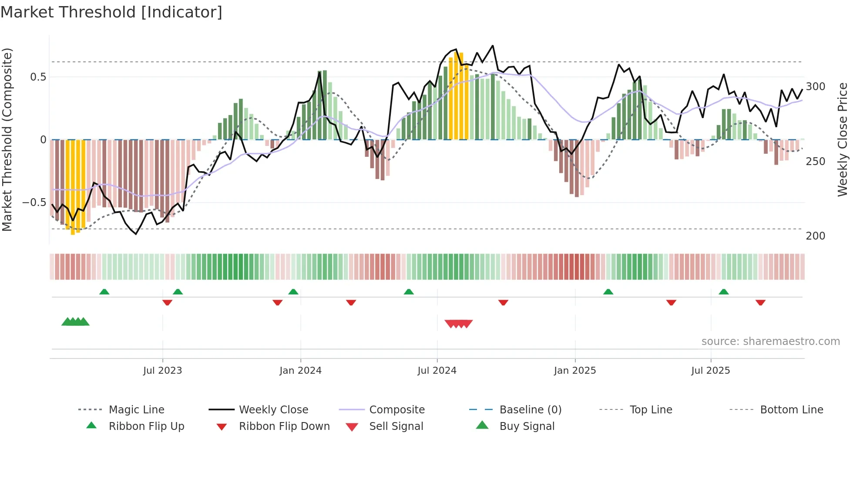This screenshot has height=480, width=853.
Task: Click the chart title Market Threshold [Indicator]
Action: [111, 12]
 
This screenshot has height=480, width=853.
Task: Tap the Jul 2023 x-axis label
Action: [162, 371]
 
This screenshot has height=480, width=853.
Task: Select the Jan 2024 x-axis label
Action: [300, 371]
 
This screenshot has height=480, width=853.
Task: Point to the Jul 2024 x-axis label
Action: [437, 371]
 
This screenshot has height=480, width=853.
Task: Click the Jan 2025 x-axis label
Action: [575, 371]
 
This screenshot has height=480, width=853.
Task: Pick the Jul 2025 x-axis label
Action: [711, 371]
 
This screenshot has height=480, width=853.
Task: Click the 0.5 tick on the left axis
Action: [38, 77]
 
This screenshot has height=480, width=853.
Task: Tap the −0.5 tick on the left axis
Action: [34, 203]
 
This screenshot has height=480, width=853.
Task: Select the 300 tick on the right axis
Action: [816, 87]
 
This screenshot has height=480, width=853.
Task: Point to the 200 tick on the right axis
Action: [816, 236]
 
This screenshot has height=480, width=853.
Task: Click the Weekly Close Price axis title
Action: [843, 139]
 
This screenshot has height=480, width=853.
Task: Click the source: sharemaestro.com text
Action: [770, 341]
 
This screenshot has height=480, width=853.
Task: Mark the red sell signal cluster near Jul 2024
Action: [458, 324]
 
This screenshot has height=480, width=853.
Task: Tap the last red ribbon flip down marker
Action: [760, 302]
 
